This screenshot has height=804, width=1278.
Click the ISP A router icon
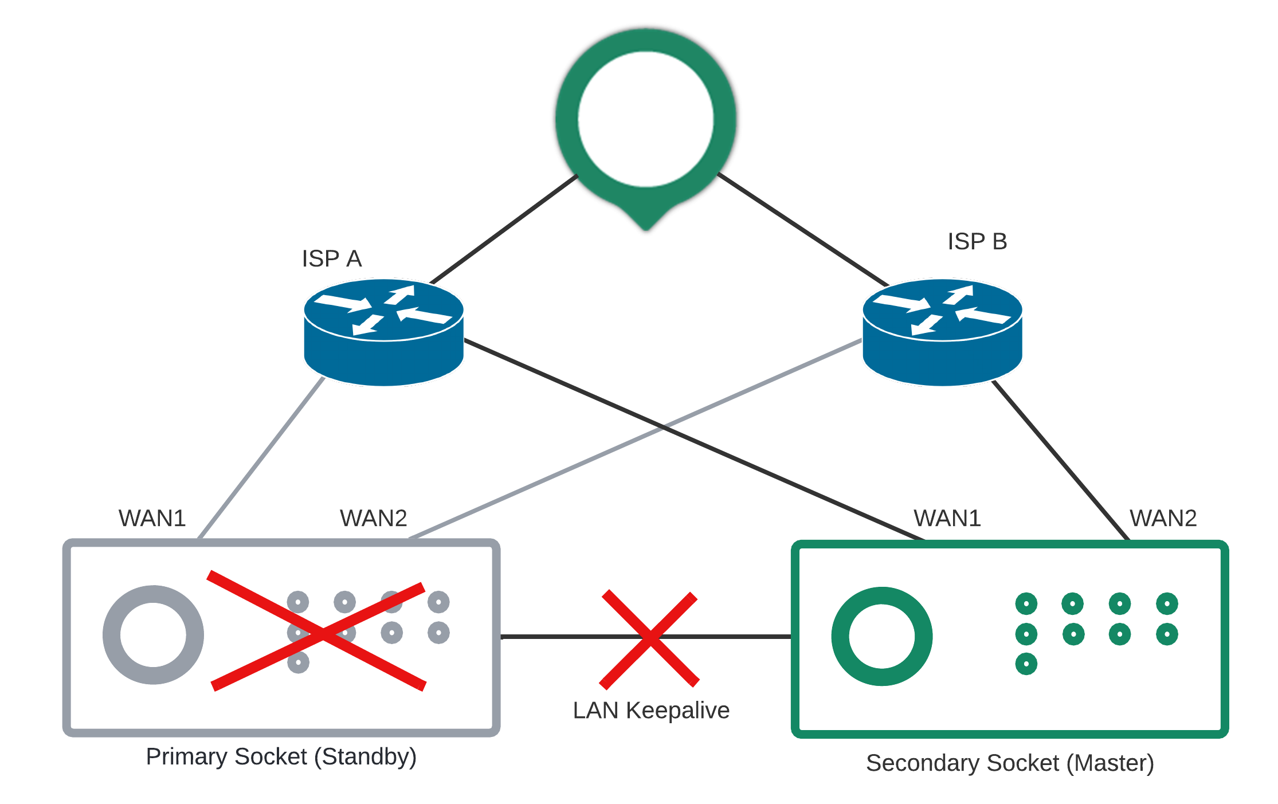point(383,332)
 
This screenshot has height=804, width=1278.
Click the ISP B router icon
point(942,332)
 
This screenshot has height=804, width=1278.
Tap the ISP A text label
point(332,258)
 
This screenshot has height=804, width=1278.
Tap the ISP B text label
point(977,241)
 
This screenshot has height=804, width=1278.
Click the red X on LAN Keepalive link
point(649,638)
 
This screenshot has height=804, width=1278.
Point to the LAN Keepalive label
point(651,710)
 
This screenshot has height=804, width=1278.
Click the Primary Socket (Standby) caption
point(281,756)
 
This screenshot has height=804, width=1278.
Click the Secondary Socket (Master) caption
point(1010,763)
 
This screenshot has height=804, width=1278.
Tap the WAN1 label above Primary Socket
point(152,518)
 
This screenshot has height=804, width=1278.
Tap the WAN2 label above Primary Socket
point(373,518)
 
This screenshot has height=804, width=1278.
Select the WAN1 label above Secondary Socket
point(947,518)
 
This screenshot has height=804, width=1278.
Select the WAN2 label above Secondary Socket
point(1163,518)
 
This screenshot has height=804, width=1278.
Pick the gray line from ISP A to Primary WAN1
point(261,458)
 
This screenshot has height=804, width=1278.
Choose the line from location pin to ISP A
point(504,229)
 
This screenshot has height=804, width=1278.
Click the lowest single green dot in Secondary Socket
point(1026,664)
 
